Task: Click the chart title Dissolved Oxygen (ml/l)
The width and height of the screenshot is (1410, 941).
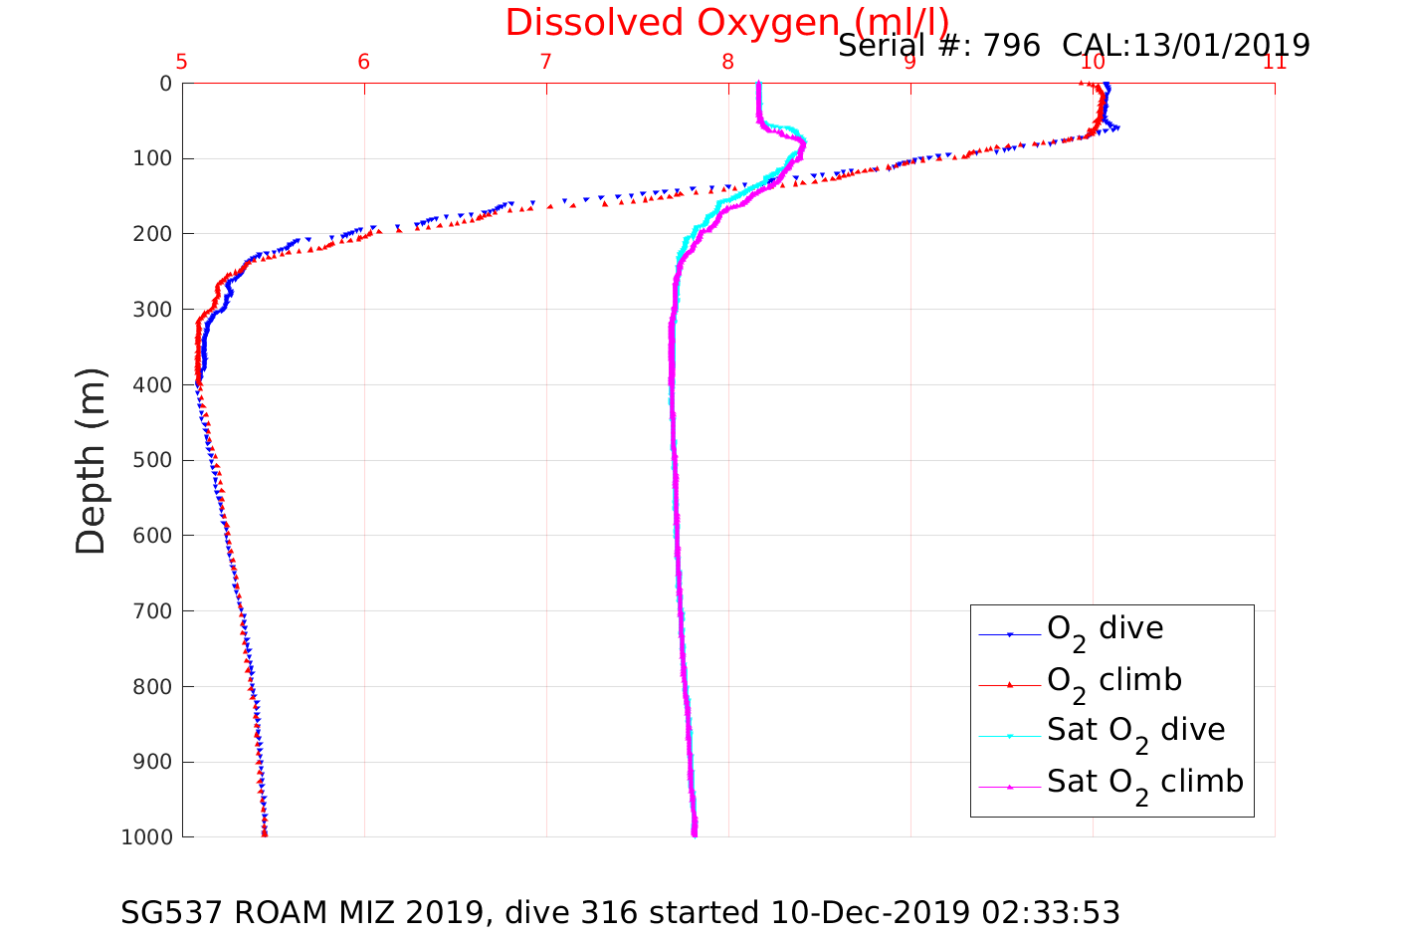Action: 726,22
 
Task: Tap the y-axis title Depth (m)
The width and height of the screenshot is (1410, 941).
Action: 91,461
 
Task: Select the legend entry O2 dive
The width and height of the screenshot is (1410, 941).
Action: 1105,629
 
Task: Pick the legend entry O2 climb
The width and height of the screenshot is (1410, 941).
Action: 1113,681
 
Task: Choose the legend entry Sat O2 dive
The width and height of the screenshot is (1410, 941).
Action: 1135,731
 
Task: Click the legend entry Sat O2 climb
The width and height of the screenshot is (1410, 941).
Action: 1144,783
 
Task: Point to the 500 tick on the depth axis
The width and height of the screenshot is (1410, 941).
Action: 152,460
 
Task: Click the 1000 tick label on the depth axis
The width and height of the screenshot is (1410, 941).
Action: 146,837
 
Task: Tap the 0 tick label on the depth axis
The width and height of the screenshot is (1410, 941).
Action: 165,84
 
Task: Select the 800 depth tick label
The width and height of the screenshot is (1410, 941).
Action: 152,687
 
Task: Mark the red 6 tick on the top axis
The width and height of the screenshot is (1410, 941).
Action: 364,63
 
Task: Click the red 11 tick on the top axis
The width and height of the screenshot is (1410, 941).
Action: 1274,63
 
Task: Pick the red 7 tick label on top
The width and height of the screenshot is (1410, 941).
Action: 546,63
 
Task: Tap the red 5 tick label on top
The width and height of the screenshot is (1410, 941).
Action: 182,63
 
